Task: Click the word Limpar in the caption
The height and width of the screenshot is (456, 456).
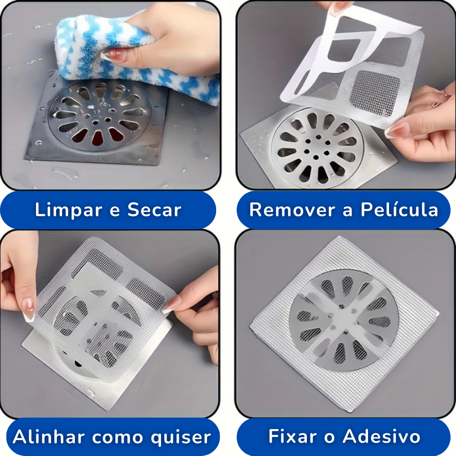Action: click(x=69, y=210)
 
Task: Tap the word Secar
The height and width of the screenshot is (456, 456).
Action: click(x=155, y=210)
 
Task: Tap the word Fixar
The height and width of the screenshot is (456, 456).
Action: click(x=295, y=436)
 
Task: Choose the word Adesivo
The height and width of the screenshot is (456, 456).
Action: click(x=382, y=436)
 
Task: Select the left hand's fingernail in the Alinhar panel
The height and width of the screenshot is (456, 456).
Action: click(x=29, y=310)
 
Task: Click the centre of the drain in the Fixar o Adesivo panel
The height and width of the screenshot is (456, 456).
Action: click(x=344, y=321)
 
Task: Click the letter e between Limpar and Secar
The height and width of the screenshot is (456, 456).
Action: click(x=115, y=211)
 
